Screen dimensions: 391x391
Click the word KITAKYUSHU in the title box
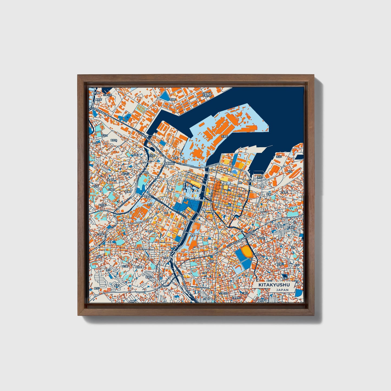[x=274, y=285]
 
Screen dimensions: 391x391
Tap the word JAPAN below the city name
[x=282, y=290]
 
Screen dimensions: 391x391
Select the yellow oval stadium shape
[x=247, y=251]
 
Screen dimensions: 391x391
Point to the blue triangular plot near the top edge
[x=164, y=95]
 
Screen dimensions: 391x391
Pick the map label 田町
[x=166, y=213]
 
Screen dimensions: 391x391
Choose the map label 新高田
[x=148, y=277]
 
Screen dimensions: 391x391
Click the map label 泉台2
[x=97, y=289]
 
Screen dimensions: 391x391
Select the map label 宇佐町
[x=261, y=238]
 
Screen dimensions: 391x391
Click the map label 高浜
[x=290, y=172]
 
